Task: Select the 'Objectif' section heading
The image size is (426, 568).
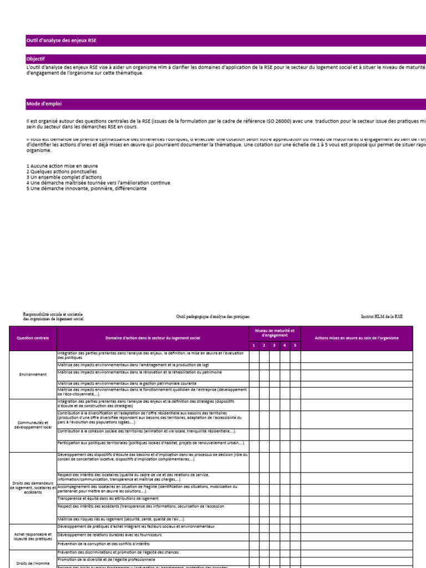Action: [35, 59]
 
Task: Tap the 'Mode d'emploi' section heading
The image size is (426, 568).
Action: [44, 104]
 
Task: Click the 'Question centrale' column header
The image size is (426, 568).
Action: [33, 338]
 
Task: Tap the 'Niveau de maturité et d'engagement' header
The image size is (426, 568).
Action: [275, 333]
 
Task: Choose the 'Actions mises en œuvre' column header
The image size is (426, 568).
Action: [356, 338]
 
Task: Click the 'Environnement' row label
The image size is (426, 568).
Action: [33, 374]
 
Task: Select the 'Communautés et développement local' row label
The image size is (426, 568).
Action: [33, 425]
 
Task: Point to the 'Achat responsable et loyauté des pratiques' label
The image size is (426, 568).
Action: [33, 536]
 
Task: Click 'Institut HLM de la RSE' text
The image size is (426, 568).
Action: [382, 316]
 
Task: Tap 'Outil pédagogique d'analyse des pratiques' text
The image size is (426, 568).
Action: [213, 316]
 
